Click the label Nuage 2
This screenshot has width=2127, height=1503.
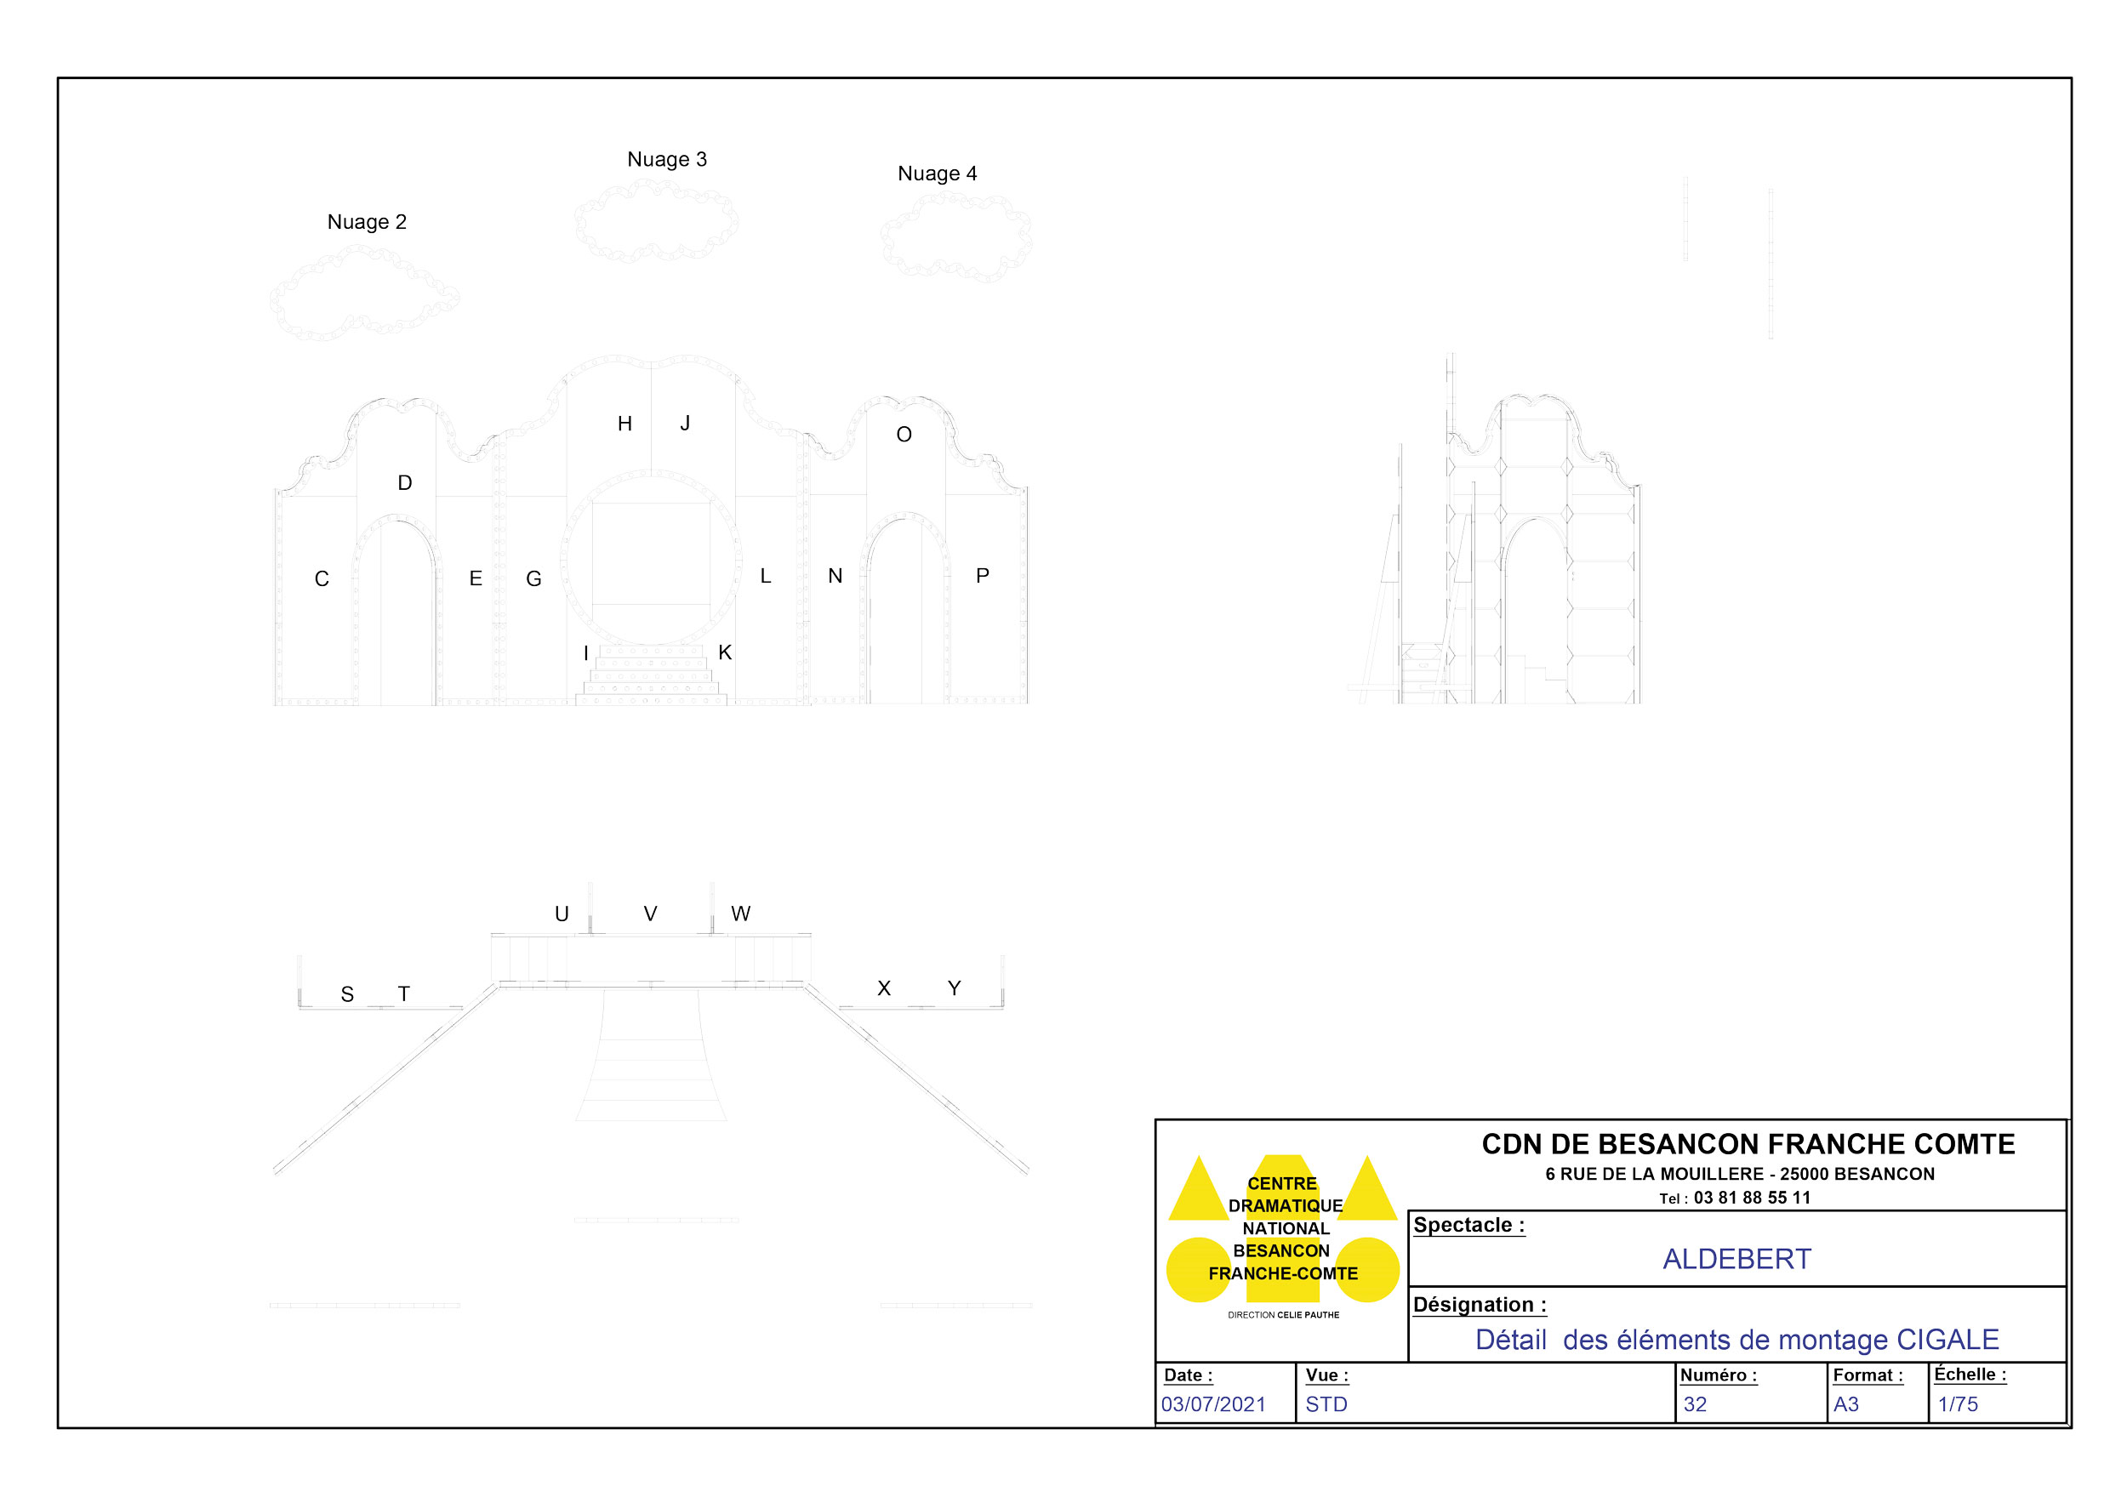point(367,222)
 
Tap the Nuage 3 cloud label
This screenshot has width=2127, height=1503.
point(667,159)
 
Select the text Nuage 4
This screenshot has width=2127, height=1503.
point(938,174)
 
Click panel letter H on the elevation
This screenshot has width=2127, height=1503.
point(625,424)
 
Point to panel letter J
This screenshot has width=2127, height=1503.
point(686,424)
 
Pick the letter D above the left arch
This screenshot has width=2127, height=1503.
point(405,482)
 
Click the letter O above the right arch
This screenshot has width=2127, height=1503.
point(904,435)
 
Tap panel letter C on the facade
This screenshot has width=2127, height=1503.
point(322,578)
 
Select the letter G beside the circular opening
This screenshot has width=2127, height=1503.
point(533,578)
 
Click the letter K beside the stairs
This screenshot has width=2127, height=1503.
point(726,653)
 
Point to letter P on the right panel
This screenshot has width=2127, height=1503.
point(983,576)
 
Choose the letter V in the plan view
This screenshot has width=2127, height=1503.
point(650,914)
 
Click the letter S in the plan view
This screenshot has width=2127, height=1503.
point(347,994)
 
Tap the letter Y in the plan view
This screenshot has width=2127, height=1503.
point(955,988)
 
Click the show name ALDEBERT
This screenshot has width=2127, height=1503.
point(1737,1260)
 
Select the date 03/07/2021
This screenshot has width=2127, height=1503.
point(1213,1404)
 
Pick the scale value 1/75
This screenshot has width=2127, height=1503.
point(1958,1404)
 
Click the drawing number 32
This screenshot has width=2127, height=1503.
point(1696,1404)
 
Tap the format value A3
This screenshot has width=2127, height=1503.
point(1846,1404)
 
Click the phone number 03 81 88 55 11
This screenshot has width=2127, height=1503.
point(1752,1198)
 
